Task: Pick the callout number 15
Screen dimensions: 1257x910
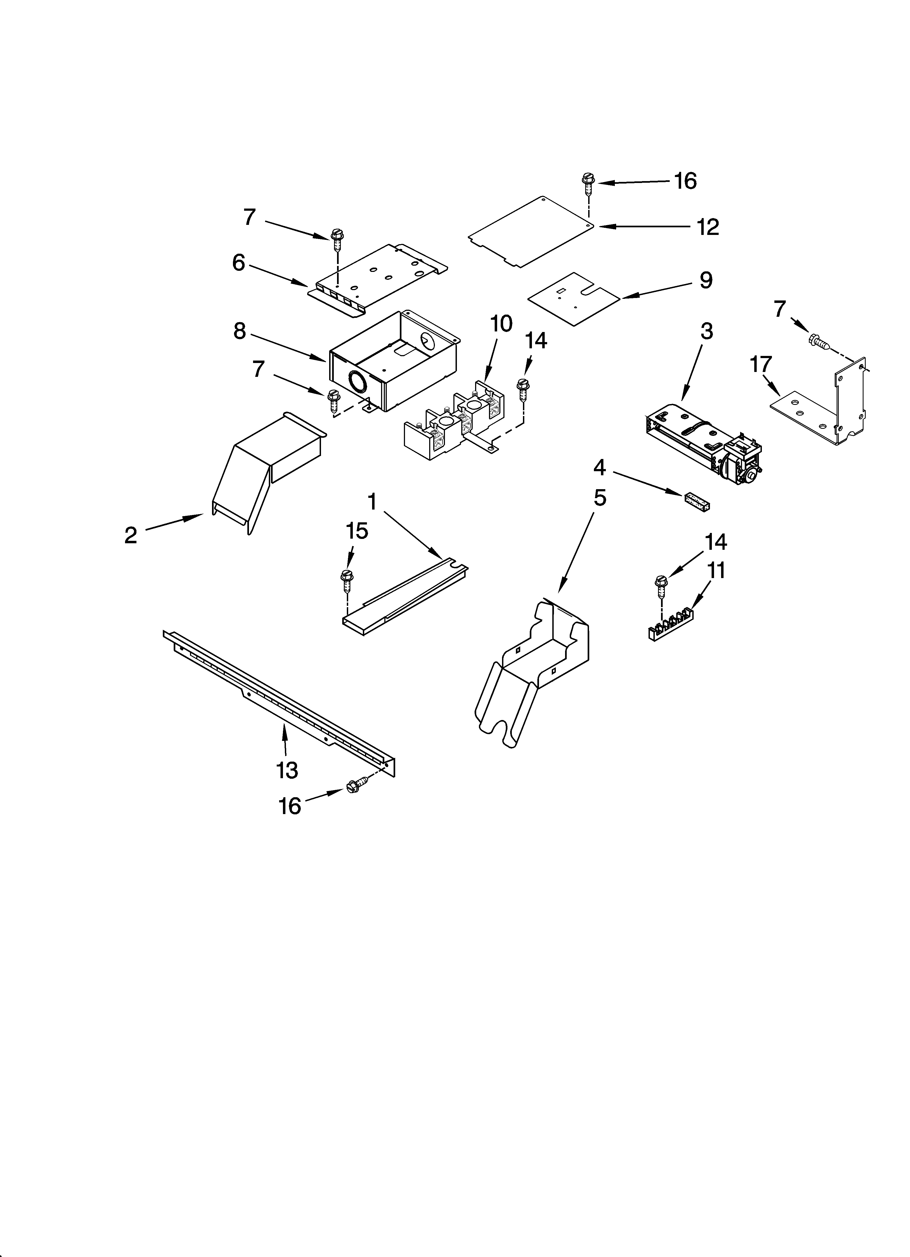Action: [357, 531]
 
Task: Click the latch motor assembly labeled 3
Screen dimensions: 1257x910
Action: [704, 443]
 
